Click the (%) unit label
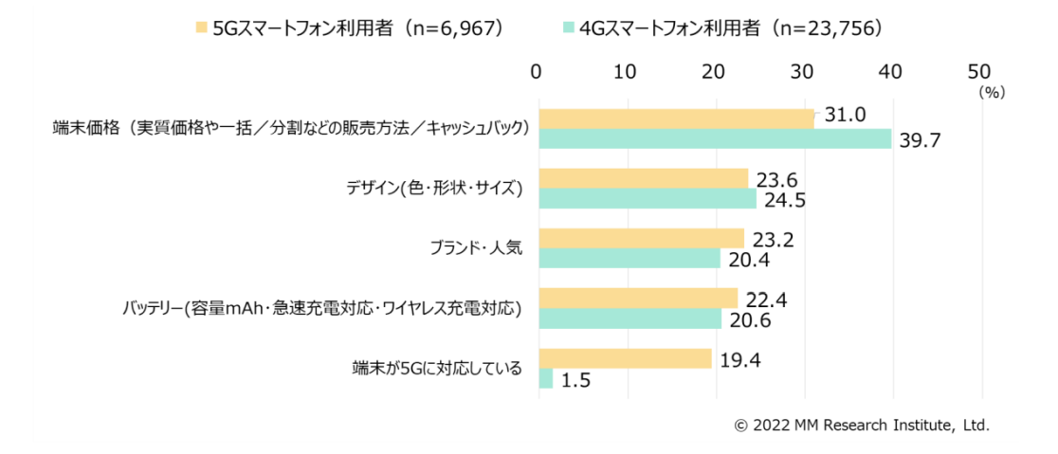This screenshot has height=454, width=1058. [x=992, y=93]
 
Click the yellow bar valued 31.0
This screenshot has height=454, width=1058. [x=676, y=118]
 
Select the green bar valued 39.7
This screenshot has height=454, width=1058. [x=715, y=139]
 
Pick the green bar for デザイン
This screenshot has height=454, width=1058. [x=648, y=199]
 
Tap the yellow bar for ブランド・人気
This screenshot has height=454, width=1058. [x=642, y=238]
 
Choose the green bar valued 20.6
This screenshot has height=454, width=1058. [x=630, y=318]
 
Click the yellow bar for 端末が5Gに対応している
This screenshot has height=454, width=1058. [x=625, y=358]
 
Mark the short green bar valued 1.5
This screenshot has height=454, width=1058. [x=545, y=378]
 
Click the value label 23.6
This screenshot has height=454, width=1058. [x=775, y=177]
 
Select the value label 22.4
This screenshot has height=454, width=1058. [x=764, y=299]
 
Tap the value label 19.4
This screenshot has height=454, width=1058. [x=738, y=359]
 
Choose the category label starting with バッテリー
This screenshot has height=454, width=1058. [x=323, y=309]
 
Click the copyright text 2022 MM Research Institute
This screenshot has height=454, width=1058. [x=862, y=426]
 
